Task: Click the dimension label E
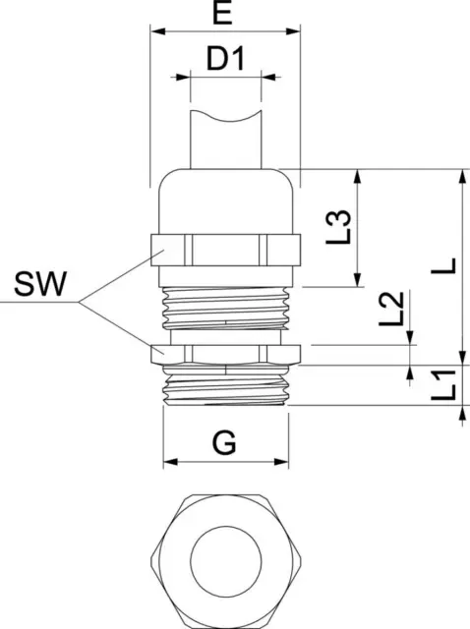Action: pyautogui.click(x=222, y=13)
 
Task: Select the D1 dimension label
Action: pyautogui.click(x=225, y=59)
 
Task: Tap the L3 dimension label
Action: pyautogui.click(x=338, y=227)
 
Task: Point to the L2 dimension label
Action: pyautogui.click(x=391, y=308)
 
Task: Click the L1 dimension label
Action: pyautogui.click(x=443, y=385)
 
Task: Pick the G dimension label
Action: pyautogui.click(x=224, y=442)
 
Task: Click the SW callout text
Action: pyautogui.click(x=40, y=284)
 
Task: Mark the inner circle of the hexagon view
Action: pyautogui.click(x=226, y=560)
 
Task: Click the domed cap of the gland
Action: pyautogui.click(x=226, y=201)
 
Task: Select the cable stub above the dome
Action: pyautogui.click(x=226, y=140)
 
